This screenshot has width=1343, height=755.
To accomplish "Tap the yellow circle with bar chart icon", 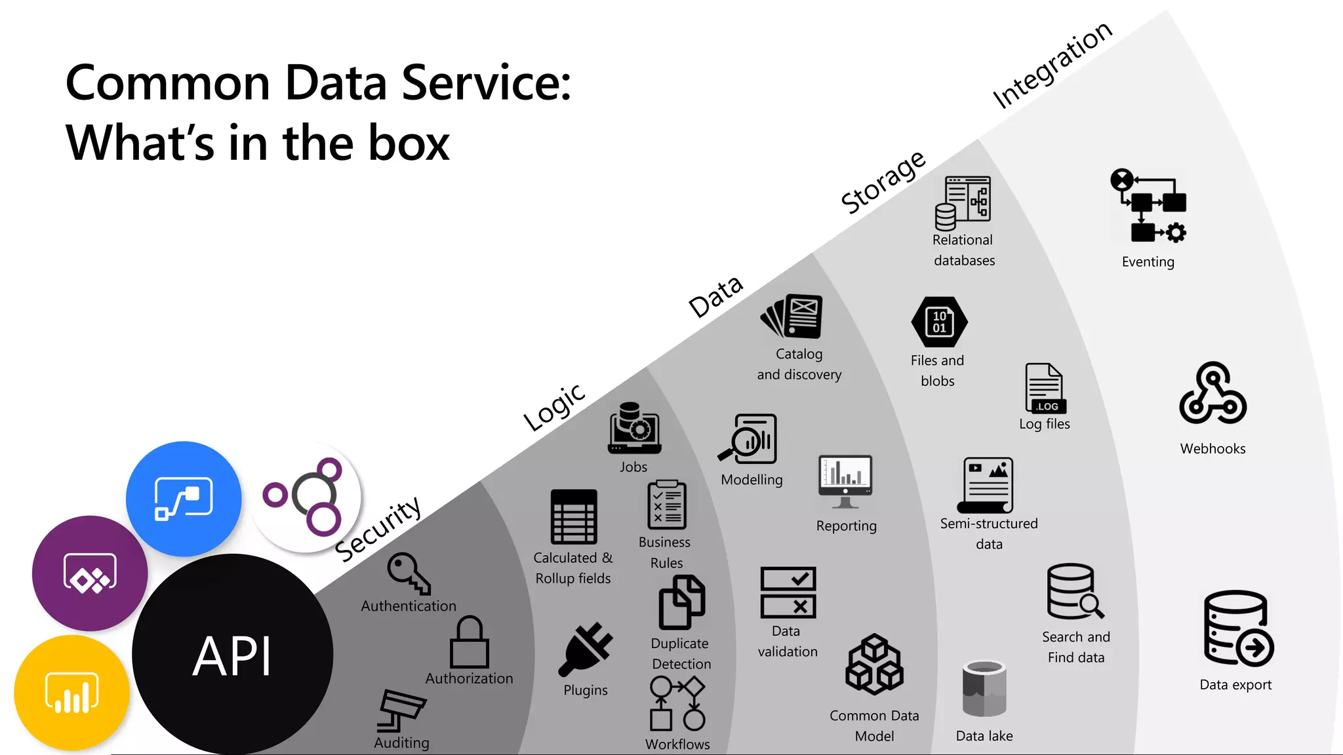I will pos(71,692).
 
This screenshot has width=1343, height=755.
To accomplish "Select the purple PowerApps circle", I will pos(90,573).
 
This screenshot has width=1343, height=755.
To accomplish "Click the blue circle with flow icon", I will pos(184,499).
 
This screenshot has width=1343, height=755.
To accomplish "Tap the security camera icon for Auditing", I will pos(401,710).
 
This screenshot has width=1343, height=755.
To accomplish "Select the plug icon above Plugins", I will pos(585,649).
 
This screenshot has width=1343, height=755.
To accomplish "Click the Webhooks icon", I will pos(1213,395).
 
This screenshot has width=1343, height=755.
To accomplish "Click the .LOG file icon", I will pos(1045,388).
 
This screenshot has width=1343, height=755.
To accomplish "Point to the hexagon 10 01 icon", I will pos(939,322).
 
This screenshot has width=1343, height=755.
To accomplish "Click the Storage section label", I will pos(883,182).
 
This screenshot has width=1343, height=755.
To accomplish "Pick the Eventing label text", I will pos(1148,262).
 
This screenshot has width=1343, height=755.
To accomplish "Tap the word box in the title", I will pos(409,143).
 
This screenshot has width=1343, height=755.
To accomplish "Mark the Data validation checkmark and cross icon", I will pos(788,592).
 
